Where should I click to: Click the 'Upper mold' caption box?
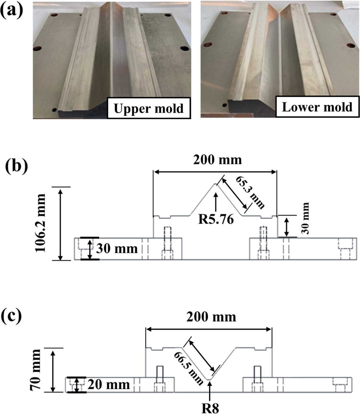tap(149, 108)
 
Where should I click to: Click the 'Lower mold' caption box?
tap(317, 107)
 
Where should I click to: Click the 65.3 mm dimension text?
tap(250, 192)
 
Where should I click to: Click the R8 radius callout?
tap(211, 408)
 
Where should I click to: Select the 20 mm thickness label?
tap(109, 385)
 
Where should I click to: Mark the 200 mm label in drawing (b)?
tap(217, 160)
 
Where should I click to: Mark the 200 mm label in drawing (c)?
tap(211, 317)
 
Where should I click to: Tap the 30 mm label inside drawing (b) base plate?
tap(117, 249)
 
